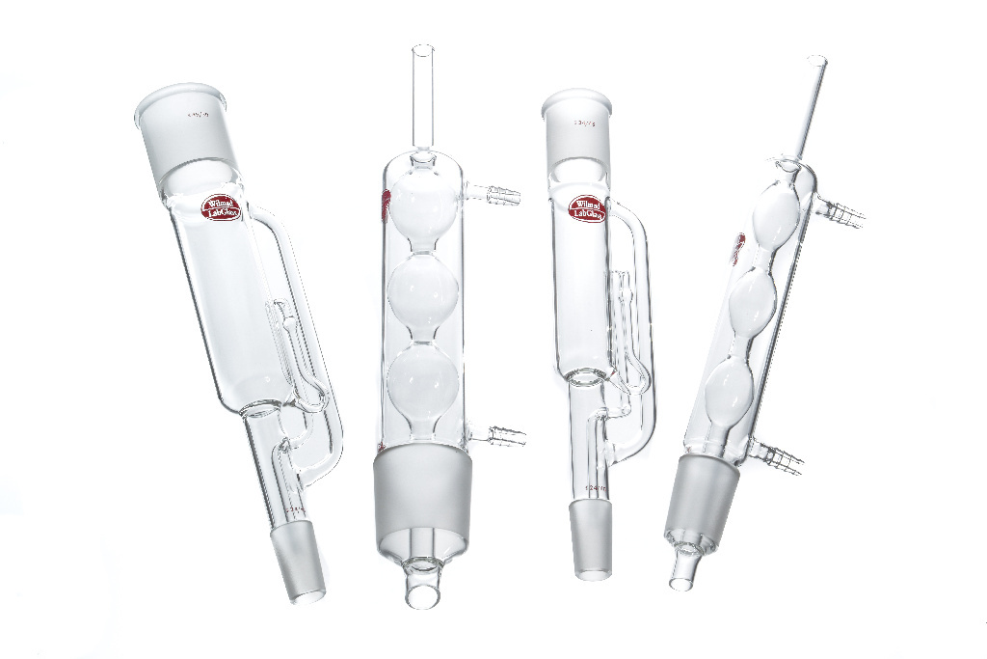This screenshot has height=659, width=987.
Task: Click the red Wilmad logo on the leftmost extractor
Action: click(220, 208)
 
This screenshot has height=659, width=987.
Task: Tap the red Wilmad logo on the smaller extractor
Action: click(587, 208)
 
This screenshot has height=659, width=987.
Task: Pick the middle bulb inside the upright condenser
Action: click(422, 300)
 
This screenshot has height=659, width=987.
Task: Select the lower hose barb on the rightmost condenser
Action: click(778, 458)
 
